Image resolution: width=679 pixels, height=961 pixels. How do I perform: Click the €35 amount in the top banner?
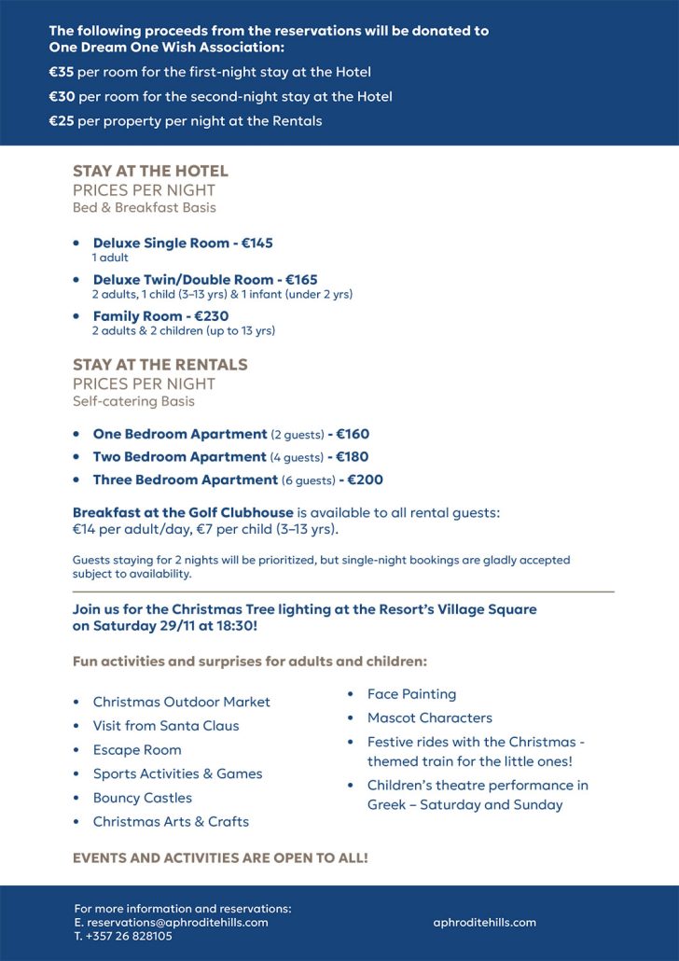62,72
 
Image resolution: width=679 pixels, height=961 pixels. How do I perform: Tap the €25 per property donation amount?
62,120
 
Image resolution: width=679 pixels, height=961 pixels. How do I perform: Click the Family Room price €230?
212,316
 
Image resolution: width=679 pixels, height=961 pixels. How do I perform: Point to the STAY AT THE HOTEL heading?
150,171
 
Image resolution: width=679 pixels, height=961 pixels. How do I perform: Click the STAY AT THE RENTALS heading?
160,365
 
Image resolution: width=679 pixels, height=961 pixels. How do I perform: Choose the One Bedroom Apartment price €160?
353,434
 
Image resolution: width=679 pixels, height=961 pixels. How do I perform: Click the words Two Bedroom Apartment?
179,457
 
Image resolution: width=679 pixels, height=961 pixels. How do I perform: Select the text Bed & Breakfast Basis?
145,207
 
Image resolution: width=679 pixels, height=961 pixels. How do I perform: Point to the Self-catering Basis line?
132,401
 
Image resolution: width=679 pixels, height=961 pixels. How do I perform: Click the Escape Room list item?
137,749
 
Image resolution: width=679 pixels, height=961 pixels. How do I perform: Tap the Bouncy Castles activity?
143,798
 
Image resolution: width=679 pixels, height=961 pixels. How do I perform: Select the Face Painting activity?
411,694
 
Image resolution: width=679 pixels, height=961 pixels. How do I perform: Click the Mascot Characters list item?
429,717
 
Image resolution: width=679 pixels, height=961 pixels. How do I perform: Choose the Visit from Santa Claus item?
166,726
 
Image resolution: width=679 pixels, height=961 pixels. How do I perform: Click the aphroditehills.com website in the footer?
484,922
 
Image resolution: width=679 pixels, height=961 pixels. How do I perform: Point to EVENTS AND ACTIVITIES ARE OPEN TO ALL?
220,857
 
